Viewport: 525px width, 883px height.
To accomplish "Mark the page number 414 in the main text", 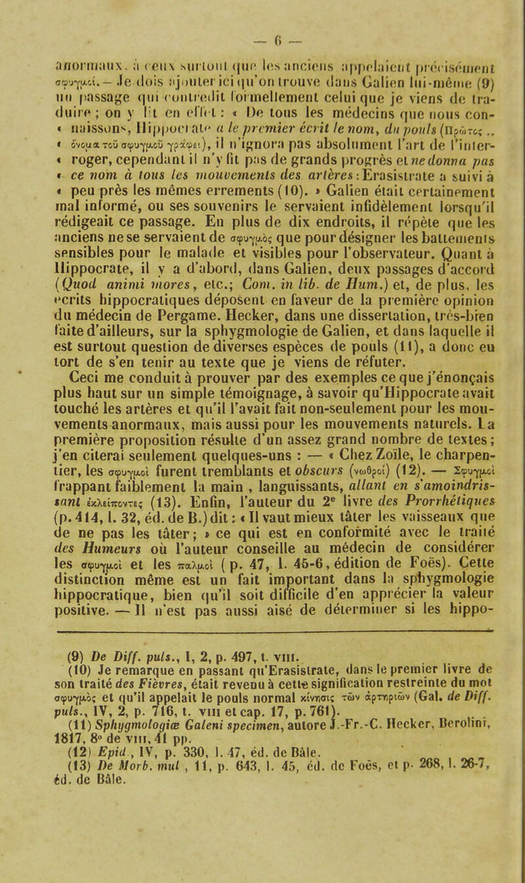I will [85, 536].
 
